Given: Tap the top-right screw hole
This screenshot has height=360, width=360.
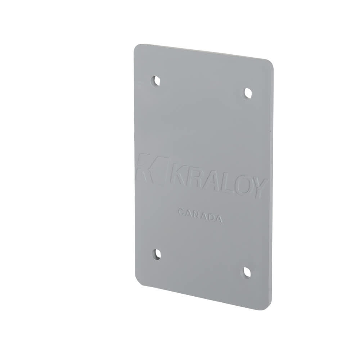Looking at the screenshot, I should (x=247, y=93).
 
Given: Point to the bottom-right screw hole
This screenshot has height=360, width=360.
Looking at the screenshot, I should (x=247, y=271).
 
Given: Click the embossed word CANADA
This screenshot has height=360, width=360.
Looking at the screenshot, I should (x=199, y=215).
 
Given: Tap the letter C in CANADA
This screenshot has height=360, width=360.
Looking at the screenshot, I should (x=181, y=212).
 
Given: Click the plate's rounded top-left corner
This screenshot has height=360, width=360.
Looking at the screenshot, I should (x=137, y=48).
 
